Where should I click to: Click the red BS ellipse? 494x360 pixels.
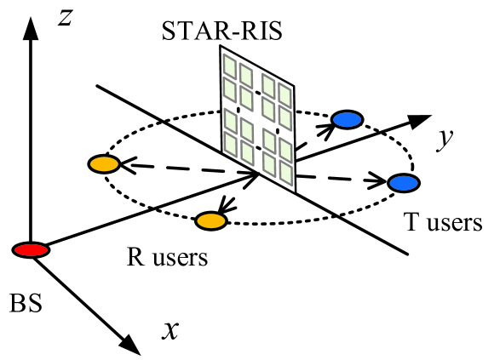coord(31,249)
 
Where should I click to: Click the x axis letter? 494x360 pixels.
coord(170,329)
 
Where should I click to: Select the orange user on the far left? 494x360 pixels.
coord(101,163)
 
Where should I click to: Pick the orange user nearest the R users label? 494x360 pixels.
coord(210,221)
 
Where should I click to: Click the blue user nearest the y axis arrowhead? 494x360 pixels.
coord(347,120)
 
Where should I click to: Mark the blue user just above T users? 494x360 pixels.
coord(401,183)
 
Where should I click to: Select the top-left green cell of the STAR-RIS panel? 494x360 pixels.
coord(228,63)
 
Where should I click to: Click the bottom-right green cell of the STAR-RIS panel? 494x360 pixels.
coord(285,172)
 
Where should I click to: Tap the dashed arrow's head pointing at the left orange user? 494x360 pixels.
coord(123,166)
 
